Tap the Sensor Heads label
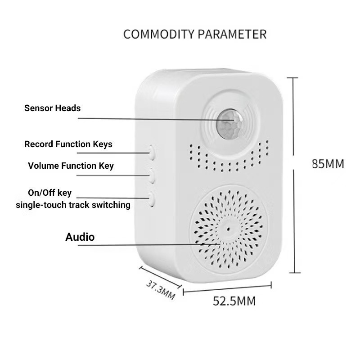pos(53,108)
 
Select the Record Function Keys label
pos(68,144)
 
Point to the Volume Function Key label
pos(71,166)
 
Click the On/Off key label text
pos(49,193)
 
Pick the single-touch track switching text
pos(73,205)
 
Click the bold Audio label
pos(80,237)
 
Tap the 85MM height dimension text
pos(328,164)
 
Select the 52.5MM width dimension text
pos(234,301)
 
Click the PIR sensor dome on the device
pos(229,122)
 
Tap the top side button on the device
pos(152,153)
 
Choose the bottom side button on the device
pos(151,198)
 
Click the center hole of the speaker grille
pos(228,229)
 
